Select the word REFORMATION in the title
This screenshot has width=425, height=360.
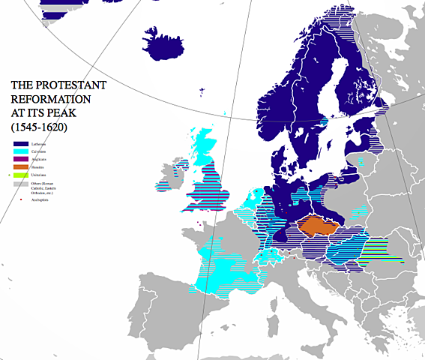click(43, 98)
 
